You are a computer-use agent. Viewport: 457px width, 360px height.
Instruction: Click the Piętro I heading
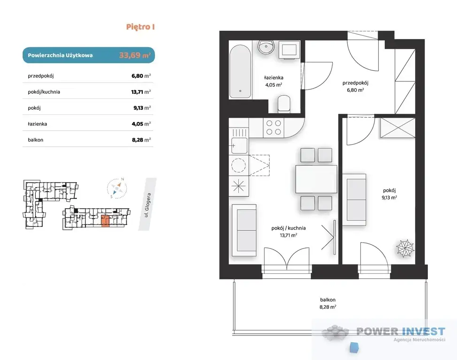(140, 27)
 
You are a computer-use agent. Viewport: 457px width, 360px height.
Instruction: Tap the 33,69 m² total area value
(135, 55)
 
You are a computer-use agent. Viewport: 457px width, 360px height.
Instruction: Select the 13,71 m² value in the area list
(141, 92)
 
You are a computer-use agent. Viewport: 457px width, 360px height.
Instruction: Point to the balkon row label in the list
(36, 140)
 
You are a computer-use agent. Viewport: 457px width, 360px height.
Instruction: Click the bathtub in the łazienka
(240, 72)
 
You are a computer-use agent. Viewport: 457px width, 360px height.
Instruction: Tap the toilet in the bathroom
(284, 104)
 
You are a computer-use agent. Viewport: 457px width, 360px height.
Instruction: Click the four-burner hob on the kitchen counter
(274, 127)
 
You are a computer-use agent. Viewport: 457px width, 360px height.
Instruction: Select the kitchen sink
(239, 145)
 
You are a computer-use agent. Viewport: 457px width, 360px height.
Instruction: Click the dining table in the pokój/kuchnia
(316, 179)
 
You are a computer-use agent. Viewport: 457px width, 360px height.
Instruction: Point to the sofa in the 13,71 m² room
(244, 231)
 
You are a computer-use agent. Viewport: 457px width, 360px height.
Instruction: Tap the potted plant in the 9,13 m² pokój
(405, 248)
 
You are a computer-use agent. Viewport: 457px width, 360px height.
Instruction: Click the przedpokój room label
(355, 83)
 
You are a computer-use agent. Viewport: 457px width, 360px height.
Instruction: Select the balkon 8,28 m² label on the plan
(328, 303)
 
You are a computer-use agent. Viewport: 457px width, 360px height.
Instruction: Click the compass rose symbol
(117, 188)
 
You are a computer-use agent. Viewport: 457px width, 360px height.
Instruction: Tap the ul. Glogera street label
(148, 205)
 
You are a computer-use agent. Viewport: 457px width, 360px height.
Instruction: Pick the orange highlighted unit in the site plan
(105, 221)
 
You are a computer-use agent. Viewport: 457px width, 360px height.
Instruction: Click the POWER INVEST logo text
(401, 331)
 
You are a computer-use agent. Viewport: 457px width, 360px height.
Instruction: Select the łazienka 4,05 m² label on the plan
(274, 81)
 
